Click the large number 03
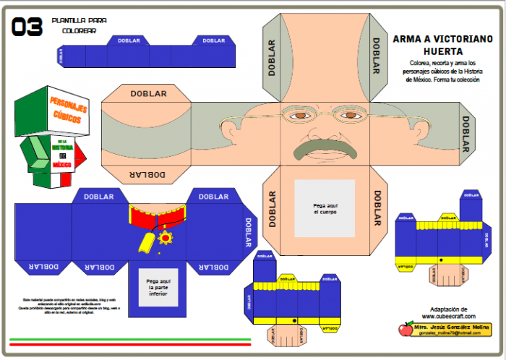click(x=27, y=27)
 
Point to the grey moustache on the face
click(x=325, y=149)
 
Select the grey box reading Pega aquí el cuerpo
click(x=325, y=207)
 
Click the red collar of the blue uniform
click(x=158, y=215)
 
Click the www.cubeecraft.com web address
click(x=448, y=316)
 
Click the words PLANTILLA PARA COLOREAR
click(x=74, y=26)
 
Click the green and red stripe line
click(x=130, y=340)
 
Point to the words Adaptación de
click(x=448, y=309)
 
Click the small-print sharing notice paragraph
click(x=69, y=306)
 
